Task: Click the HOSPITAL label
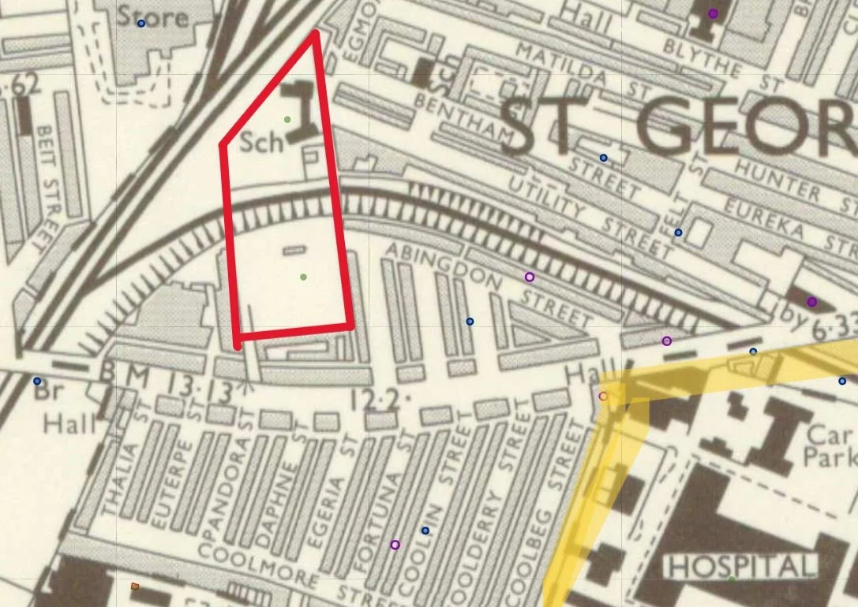[x=740, y=566]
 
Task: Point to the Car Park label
[x=830, y=445]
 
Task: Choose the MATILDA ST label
[x=564, y=67]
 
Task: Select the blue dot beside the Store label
[x=141, y=23]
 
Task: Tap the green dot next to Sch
[x=287, y=120]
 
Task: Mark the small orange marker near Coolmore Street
[x=135, y=587]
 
